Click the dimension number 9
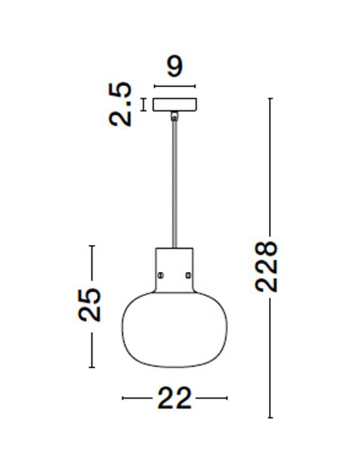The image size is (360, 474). tap(175, 66)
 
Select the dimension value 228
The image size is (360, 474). tap(267, 266)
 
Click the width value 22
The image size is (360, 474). tap(174, 399)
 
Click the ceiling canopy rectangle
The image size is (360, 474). tap(175, 104)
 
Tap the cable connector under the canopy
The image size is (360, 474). tap(174, 115)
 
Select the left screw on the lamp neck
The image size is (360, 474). tap(160, 275)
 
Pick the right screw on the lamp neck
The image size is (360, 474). tap(188, 275)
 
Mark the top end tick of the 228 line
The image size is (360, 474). tap(270, 99)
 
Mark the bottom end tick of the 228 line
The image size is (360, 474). tap(270, 417)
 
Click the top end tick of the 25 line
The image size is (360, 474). tap(92, 246)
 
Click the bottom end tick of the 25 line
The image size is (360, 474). tap(92, 367)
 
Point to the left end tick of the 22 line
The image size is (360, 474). tap(123, 399)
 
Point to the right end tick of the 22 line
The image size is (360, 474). tap(227, 399)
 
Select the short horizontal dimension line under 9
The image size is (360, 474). tap(175, 86)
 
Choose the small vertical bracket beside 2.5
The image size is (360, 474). tap(144, 104)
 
